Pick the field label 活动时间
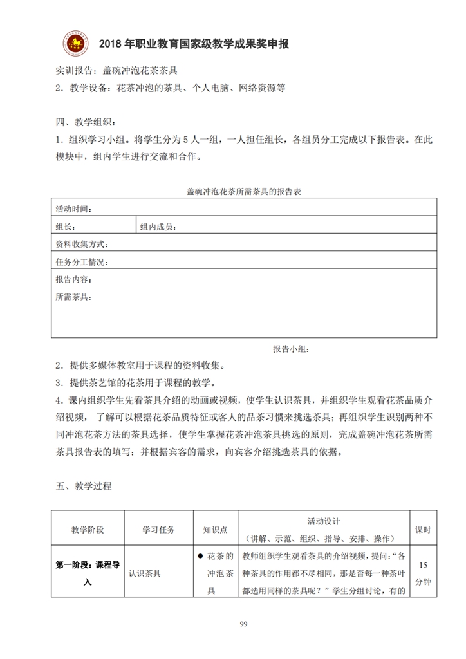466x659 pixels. tap(73, 209)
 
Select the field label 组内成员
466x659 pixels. tap(158, 227)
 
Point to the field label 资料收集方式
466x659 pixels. tap(82, 244)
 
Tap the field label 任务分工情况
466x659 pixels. tap(82, 262)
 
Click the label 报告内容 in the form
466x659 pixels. tap(73, 279)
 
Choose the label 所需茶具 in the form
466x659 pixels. tap(73, 297)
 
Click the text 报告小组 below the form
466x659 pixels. tap(291, 349)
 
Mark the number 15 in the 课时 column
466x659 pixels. tap(423, 564)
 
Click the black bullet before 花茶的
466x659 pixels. tap(201, 555)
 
